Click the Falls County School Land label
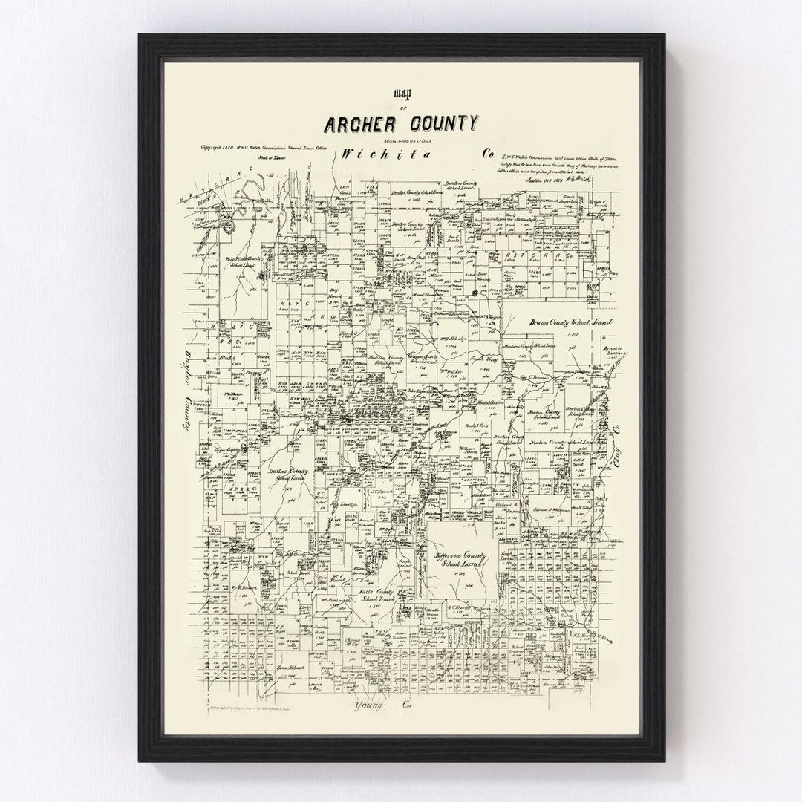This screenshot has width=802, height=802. [x=376, y=594]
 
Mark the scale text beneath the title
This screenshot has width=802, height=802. [x=401, y=141]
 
